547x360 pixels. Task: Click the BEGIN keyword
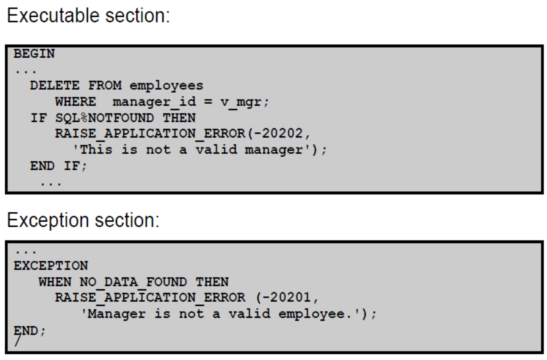click(34, 54)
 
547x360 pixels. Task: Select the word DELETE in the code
click(55, 85)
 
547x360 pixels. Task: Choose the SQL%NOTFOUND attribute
click(105, 118)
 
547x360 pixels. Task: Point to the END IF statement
click(58, 166)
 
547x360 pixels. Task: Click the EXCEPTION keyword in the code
click(51, 265)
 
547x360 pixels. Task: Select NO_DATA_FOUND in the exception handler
click(133, 282)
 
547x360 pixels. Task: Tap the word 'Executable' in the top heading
click(54, 15)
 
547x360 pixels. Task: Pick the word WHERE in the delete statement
click(75, 102)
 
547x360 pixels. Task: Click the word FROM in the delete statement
click(105, 85)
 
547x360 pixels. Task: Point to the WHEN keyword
click(55, 282)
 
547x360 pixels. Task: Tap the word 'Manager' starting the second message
click(116, 314)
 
